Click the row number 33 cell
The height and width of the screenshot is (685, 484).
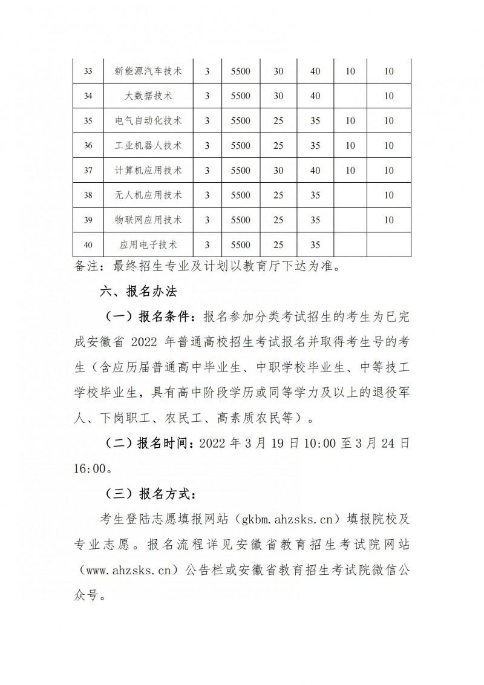pos(88,71)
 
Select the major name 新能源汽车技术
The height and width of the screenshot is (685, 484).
pos(148,71)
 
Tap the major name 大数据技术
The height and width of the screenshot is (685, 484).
pos(148,96)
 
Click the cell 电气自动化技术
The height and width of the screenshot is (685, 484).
pos(148,120)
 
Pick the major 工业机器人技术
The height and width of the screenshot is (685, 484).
pos(148,145)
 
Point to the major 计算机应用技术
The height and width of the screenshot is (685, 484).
pos(148,170)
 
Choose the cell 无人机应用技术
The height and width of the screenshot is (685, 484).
pos(148,195)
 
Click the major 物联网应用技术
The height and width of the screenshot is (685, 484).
pos(148,220)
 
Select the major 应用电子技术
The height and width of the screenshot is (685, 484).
pos(148,244)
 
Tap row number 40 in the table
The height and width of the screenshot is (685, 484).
pos(88,244)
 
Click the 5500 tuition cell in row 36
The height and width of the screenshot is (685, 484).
pos(240,145)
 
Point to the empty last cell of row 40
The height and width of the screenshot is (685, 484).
pos(389,244)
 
